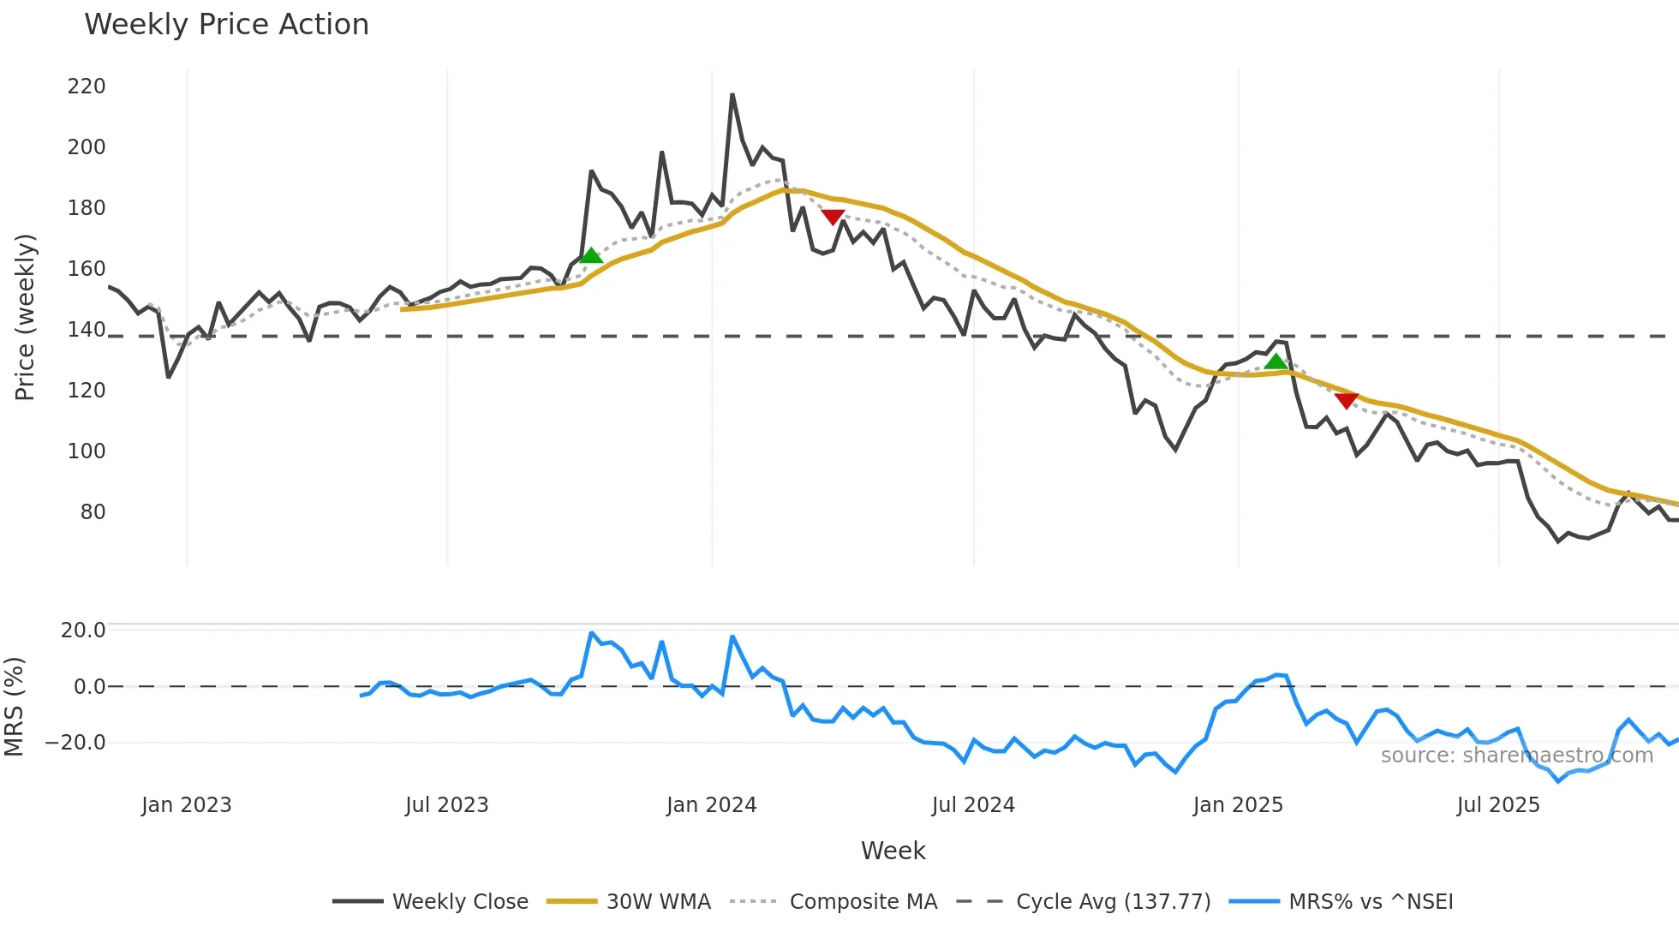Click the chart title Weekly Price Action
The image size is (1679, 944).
(x=226, y=25)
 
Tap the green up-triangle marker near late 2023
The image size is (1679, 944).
(x=590, y=255)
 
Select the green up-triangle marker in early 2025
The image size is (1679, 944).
(x=1276, y=361)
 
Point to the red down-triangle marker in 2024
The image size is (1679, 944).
(x=833, y=217)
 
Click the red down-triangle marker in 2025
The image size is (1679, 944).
(x=1346, y=400)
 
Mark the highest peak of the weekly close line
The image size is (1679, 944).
(x=732, y=94)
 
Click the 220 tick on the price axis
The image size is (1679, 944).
(x=87, y=87)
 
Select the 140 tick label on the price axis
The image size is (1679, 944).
(x=87, y=330)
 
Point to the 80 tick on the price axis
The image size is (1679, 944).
(x=93, y=512)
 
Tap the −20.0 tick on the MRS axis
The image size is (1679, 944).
(x=75, y=743)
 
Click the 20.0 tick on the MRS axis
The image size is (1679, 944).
(x=83, y=630)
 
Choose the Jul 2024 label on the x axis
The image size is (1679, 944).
(x=973, y=805)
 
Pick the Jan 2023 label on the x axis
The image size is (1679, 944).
(x=187, y=805)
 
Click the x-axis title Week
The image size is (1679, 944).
(x=893, y=851)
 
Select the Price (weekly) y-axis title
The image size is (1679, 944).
(x=26, y=317)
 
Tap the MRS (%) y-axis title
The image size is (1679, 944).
(x=15, y=707)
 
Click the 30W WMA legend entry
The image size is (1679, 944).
(x=658, y=902)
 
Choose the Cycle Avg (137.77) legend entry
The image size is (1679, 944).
(x=1113, y=902)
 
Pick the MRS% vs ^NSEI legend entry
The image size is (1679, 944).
(x=1371, y=902)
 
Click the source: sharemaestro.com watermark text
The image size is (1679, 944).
(x=1516, y=756)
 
